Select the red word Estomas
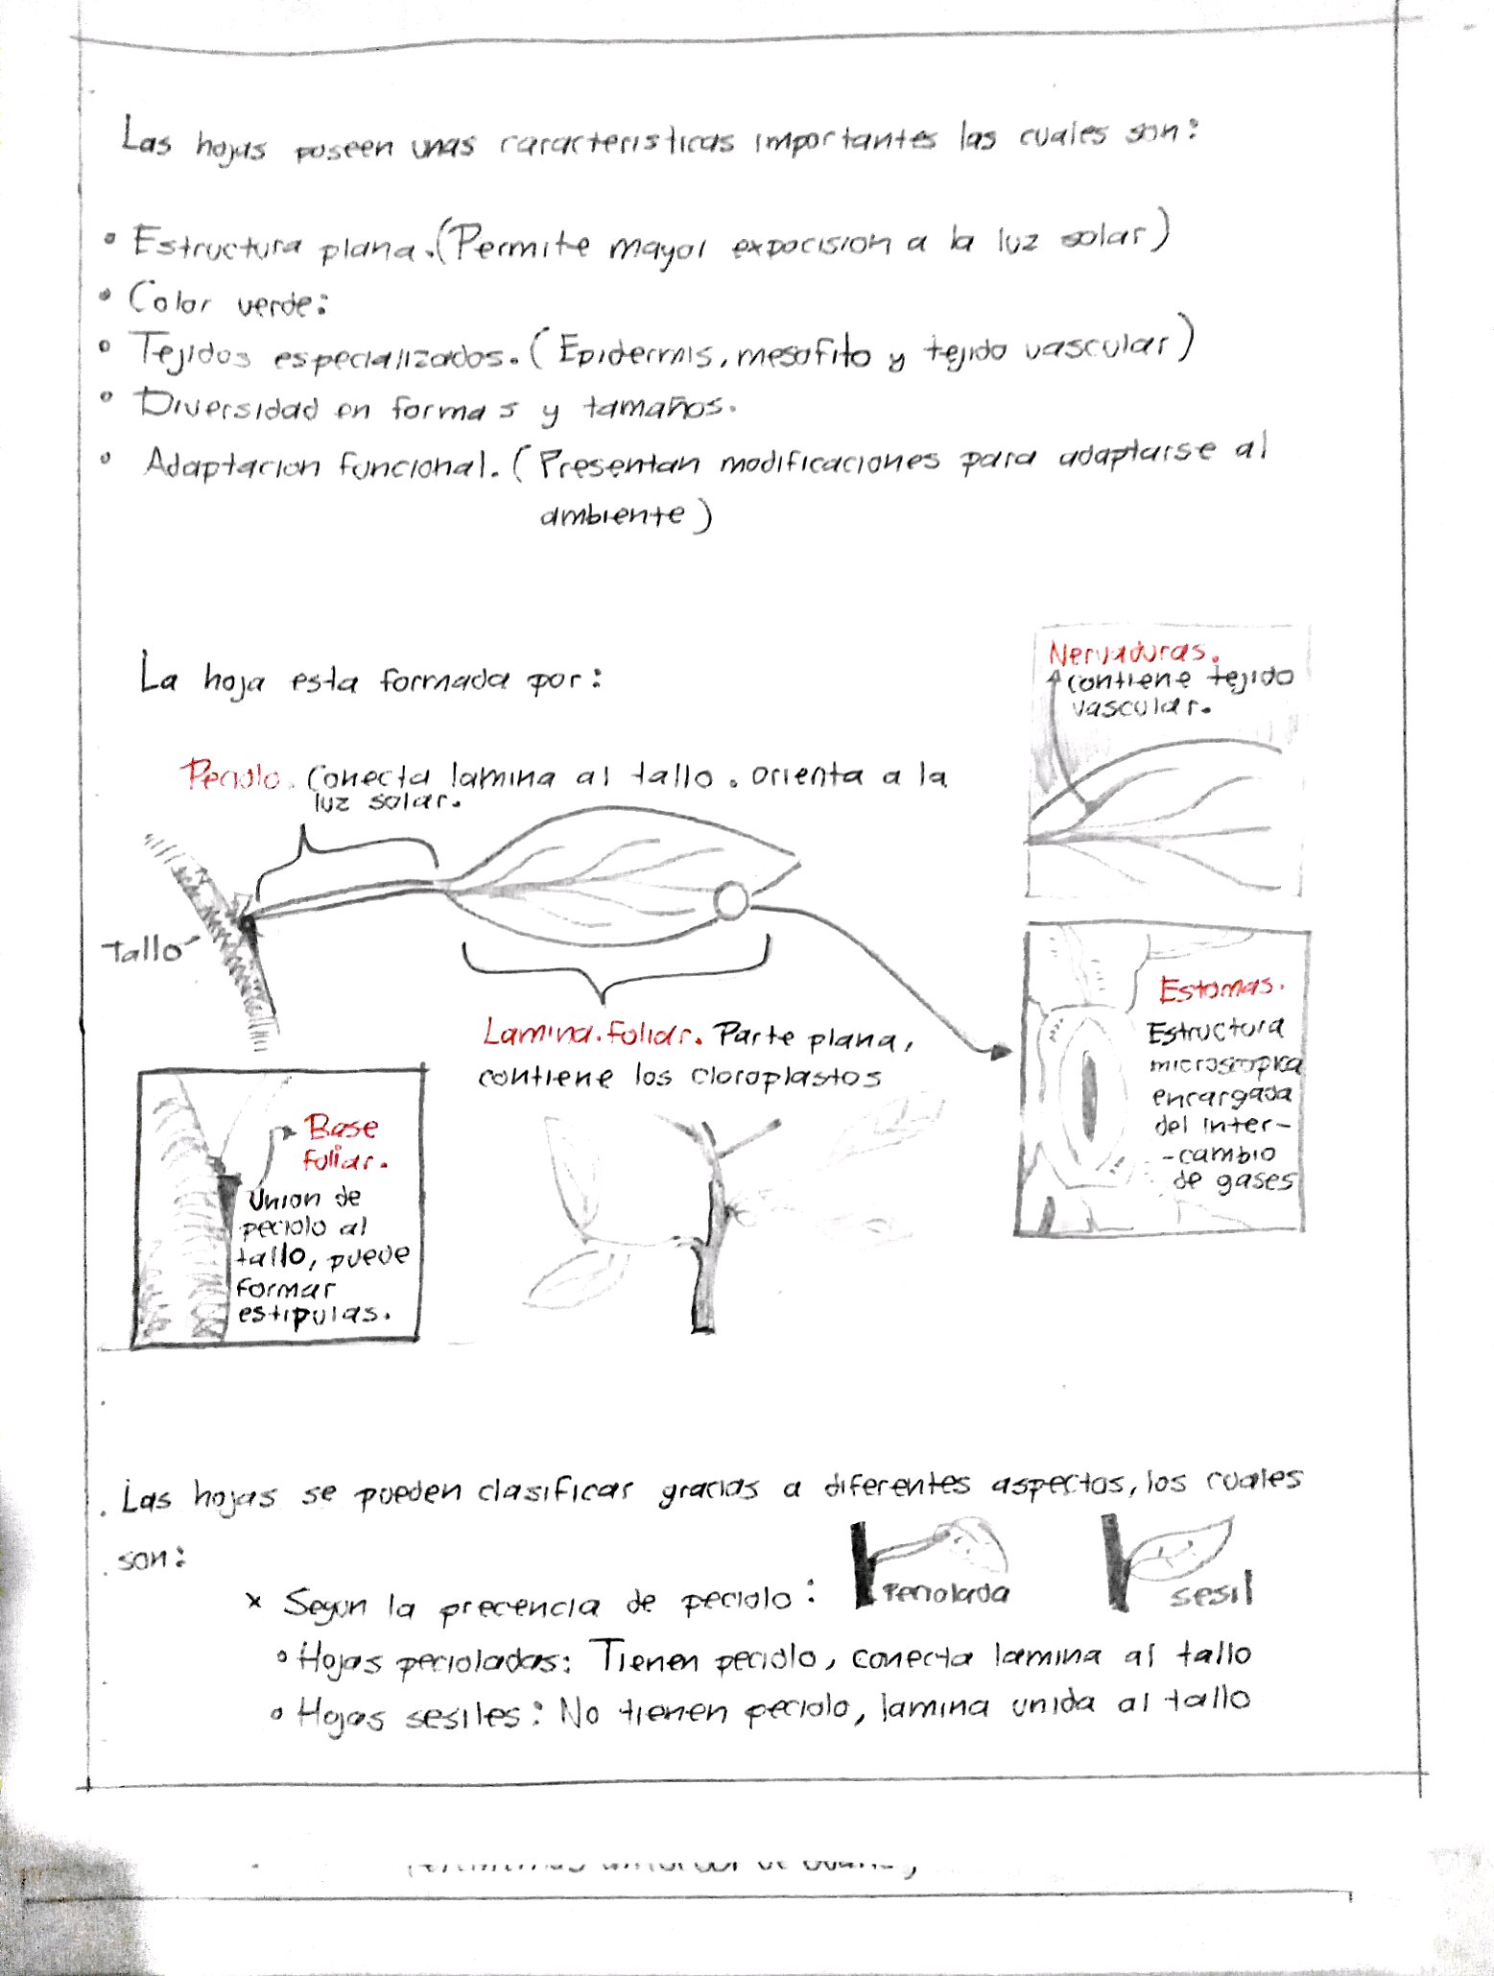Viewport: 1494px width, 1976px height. tap(1218, 988)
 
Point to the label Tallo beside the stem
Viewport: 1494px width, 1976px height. tap(143, 950)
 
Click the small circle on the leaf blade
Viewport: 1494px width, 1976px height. tap(731, 900)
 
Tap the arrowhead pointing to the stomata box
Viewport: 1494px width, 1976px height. tap(1000, 1052)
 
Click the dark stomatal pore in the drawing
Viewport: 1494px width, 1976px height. tap(1090, 1090)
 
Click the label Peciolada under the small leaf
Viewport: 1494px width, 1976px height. tap(945, 1593)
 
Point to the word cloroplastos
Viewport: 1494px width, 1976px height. tap(785, 1077)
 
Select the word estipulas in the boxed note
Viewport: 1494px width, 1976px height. tap(314, 1315)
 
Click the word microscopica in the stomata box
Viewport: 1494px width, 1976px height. tap(1225, 1064)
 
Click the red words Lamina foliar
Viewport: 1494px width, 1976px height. tap(590, 1035)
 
